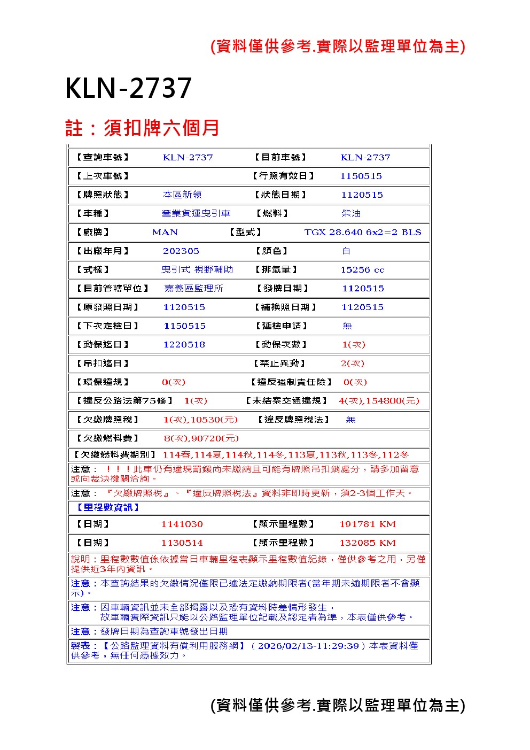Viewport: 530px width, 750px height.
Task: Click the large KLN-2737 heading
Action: pyautogui.click(x=128, y=88)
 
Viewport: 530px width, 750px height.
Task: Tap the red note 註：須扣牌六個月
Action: pyautogui.click(x=142, y=128)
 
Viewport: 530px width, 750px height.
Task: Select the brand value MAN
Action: pyautogui.click(x=165, y=232)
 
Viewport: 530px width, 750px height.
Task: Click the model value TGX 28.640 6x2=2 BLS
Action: pyautogui.click(x=362, y=232)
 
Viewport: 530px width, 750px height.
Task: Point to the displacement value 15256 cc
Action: pyautogui.click(x=362, y=270)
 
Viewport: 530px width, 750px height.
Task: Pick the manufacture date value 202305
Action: pyautogui.click(x=181, y=251)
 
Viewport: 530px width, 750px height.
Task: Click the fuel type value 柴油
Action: pyautogui.click(x=351, y=213)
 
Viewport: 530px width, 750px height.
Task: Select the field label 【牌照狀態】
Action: pyautogui.click(x=103, y=195)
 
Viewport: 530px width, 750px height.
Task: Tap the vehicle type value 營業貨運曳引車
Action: pyautogui.click(x=196, y=213)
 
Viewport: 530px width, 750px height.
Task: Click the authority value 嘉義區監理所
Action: pyautogui.click(x=193, y=288)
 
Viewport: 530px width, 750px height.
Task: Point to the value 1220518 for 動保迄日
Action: pyautogui.click(x=184, y=345)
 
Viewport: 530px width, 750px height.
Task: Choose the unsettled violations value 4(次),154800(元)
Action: pyautogui.click(x=379, y=401)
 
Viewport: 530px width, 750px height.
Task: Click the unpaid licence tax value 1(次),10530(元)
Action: pyautogui.click(x=200, y=420)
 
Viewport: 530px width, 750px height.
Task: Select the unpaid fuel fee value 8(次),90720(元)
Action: pyautogui.click(x=201, y=438)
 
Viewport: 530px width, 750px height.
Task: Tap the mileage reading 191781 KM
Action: pyautogui.click(x=368, y=524)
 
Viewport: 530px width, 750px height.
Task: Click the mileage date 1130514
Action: pyautogui.click(x=182, y=543)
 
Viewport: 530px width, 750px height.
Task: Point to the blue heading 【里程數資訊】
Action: pyautogui.click(x=106, y=507)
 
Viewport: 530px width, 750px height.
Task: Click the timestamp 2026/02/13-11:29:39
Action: pyautogui.click(x=308, y=646)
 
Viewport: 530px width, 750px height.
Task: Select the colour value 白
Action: pyautogui.click(x=346, y=251)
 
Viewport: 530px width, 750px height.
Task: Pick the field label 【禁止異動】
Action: pyautogui.click(x=279, y=364)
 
